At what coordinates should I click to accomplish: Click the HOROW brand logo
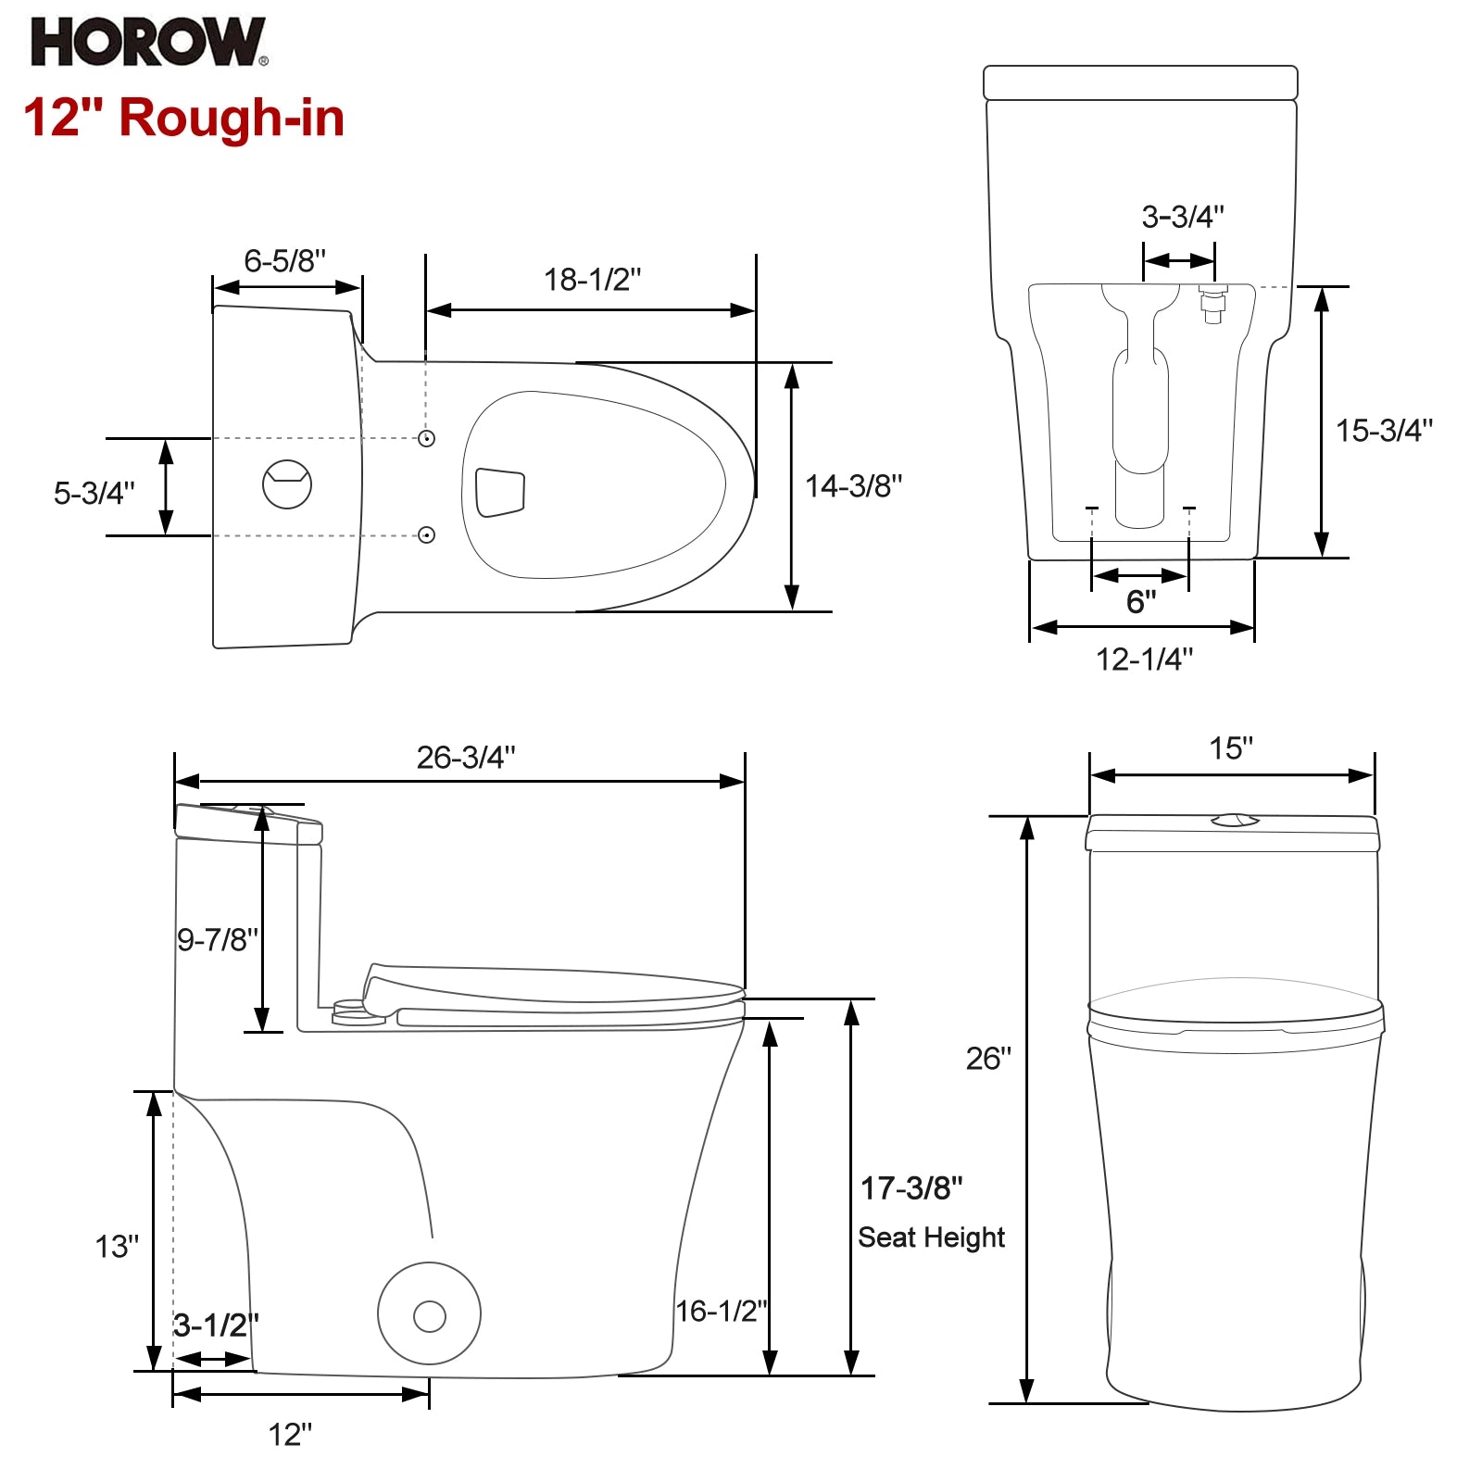point(149,43)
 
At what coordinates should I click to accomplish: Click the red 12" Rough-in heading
point(184,118)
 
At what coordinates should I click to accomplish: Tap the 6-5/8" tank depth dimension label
point(285,261)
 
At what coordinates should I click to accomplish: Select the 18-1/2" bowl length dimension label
point(593,279)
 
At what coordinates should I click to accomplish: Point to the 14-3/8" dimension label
point(853,485)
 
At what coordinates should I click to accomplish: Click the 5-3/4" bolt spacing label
point(94,493)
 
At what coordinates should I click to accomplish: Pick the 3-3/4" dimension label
point(1183,217)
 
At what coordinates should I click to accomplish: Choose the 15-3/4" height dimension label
point(1384,430)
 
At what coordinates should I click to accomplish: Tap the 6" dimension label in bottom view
point(1141,602)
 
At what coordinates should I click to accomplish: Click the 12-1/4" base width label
point(1145,659)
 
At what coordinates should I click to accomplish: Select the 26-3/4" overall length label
point(466,758)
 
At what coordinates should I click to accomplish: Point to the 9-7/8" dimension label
point(219,940)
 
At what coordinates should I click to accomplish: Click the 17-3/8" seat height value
point(911,1188)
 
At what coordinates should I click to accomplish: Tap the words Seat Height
point(931,1237)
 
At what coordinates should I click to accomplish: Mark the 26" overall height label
point(988,1058)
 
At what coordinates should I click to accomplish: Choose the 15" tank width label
point(1231,748)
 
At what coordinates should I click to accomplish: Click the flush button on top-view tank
point(287,484)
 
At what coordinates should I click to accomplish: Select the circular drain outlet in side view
point(429,1313)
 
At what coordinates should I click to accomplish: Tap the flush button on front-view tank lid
point(1235,820)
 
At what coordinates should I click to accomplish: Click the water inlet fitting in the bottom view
point(1212,304)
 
